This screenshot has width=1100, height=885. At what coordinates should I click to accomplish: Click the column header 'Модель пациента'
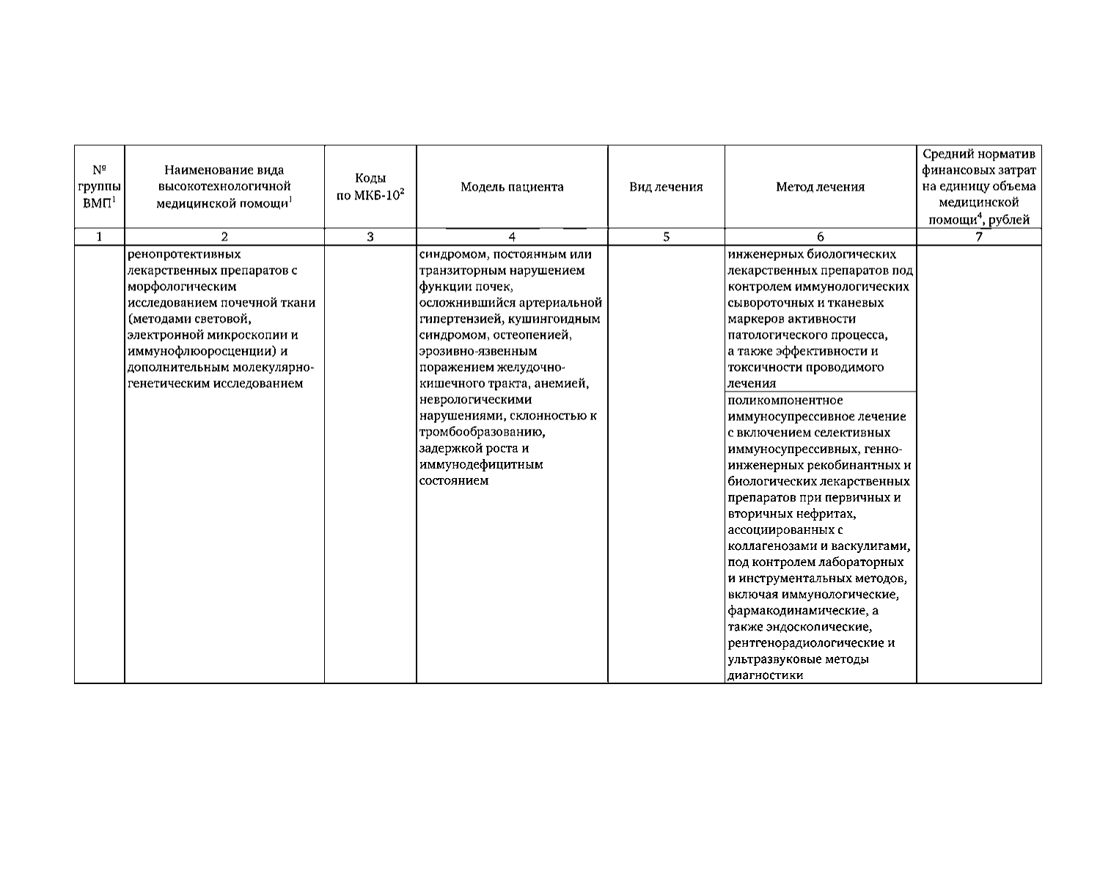pos(512,187)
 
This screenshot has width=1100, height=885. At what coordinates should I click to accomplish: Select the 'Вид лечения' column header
pos(666,187)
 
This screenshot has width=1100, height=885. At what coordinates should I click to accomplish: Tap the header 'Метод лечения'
pos(820,187)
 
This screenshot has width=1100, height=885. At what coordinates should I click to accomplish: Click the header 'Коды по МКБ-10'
pos(370,188)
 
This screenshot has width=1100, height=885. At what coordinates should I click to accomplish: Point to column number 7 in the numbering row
pos(978,237)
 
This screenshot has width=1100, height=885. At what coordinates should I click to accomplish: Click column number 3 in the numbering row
pos(370,237)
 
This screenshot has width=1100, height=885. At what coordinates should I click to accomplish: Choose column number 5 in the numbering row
pos(666,237)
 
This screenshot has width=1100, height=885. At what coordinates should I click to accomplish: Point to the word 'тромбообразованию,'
pos(482,432)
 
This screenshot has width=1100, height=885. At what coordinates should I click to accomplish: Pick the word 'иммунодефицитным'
pos(481,464)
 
